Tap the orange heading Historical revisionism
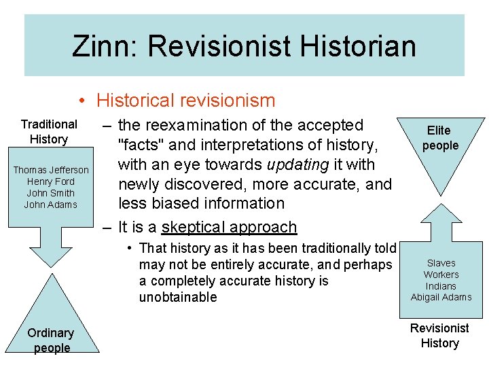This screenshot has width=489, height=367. pos(185,101)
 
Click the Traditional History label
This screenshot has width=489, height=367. pos(49,132)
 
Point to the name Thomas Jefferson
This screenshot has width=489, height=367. pos(51,170)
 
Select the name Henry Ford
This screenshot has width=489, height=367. pos(51,181)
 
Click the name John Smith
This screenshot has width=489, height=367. pos(51,193)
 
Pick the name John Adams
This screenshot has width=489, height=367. pos(51,205)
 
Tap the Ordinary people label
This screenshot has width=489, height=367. pos(51,340)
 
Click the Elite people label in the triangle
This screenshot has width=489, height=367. pos(439,138)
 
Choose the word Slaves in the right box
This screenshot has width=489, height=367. pos(441,263)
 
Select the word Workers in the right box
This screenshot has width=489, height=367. pos(441,275)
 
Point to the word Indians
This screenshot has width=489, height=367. pos(441,286)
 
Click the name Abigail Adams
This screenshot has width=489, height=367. pos(441,298)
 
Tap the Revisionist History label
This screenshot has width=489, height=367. pos(440,336)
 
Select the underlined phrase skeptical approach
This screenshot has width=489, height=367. pos(229,227)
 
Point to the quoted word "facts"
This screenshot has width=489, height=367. pos(142,145)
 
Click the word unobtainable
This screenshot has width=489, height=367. pos(178,298)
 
